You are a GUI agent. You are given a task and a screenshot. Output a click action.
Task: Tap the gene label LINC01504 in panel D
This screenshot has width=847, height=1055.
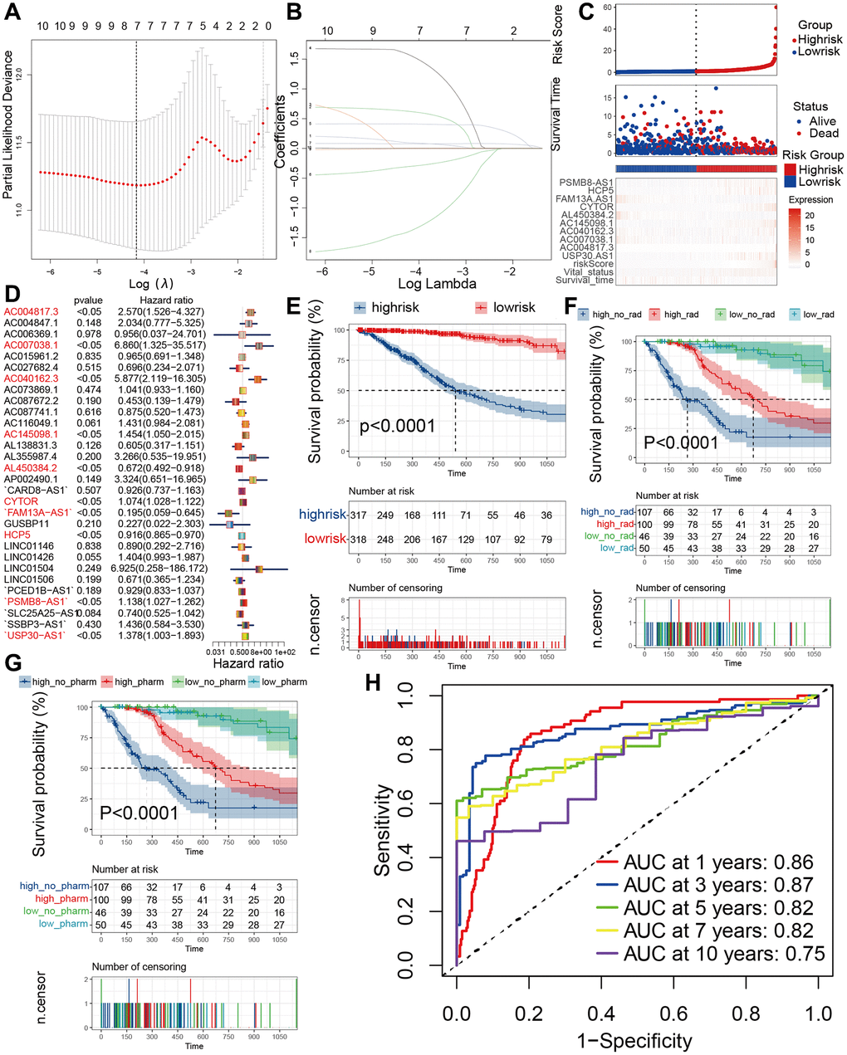(29, 567)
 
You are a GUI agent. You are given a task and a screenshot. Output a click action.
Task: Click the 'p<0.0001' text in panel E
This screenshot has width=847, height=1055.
(397, 427)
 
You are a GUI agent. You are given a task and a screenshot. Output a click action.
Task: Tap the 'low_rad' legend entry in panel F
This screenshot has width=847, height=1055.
(818, 314)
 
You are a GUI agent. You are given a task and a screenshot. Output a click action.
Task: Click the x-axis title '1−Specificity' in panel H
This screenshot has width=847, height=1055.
(636, 1040)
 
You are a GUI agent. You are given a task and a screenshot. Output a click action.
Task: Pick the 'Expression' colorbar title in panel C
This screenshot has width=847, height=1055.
(810, 199)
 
